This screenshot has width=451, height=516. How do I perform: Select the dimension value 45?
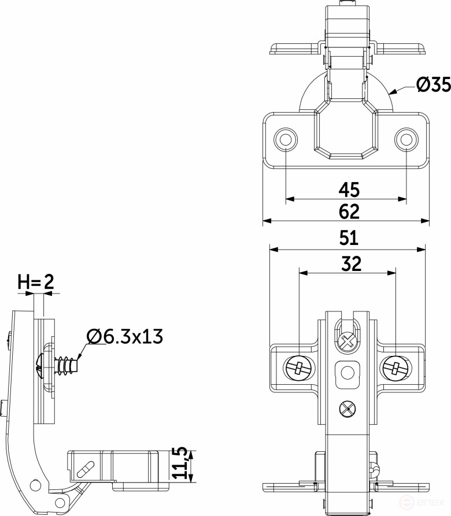tap(349, 189)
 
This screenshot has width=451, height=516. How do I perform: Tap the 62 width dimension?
tap(349, 211)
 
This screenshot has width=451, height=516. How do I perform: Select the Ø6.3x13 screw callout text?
tap(124, 336)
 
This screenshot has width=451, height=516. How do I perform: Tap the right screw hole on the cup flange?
tap(406, 139)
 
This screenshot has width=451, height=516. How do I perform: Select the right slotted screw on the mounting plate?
tap(395, 368)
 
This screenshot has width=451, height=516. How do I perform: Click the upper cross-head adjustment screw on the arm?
tap(347, 341)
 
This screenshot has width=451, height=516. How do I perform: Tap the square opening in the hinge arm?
tap(347, 372)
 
